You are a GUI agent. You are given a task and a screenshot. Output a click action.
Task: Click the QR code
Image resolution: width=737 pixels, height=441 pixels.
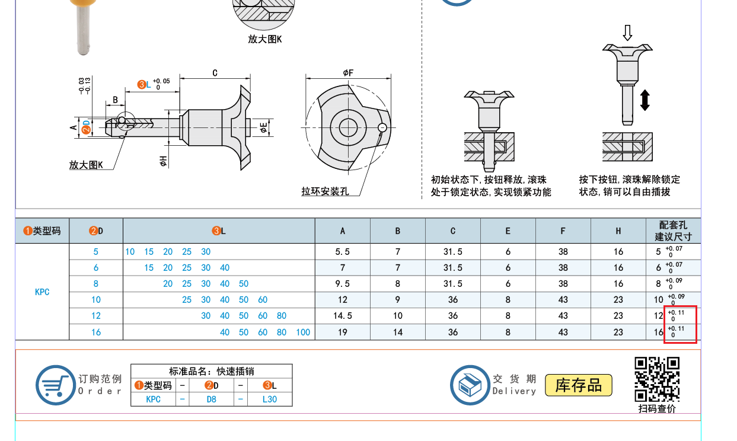(x=657, y=379)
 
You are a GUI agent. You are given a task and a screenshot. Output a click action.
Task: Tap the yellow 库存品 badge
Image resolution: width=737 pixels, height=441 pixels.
(x=579, y=385)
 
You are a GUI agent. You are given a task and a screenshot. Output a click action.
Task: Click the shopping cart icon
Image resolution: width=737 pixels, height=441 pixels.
(x=56, y=385)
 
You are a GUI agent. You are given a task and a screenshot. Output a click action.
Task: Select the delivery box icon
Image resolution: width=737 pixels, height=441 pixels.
(x=470, y=385)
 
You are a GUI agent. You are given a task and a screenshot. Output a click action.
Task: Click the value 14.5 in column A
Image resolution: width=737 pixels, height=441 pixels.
(x=343, y=316)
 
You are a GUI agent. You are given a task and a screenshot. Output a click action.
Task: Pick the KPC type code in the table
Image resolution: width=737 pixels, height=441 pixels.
(x=42, y=292)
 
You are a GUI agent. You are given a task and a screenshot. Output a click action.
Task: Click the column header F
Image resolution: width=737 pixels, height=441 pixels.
(x=563, y=231)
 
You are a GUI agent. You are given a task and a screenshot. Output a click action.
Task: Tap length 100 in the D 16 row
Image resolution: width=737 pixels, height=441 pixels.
(x=303, y=332)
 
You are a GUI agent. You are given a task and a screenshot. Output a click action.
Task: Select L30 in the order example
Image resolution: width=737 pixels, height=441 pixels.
(x=270, y=400)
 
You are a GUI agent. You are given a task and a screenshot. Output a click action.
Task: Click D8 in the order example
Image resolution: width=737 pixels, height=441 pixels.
(x=211, y=400)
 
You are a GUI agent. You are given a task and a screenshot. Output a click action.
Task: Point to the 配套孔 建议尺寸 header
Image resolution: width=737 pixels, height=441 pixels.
(x=673, y=231)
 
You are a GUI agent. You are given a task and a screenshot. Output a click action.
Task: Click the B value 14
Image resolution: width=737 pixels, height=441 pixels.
(x=397, y=332)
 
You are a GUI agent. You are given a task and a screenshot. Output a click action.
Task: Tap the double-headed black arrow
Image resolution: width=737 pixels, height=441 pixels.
(x=645, y=100)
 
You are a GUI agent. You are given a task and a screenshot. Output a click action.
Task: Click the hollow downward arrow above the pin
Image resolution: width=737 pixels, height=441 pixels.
(x=627, y=33)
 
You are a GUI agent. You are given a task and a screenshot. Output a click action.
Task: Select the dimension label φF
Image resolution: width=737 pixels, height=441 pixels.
(x=348, y=73)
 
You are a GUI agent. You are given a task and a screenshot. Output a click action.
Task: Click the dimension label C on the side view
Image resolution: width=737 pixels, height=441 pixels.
(x=215, y=73)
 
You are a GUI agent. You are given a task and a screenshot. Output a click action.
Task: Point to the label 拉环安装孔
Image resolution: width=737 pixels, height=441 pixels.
(x=325, y=191)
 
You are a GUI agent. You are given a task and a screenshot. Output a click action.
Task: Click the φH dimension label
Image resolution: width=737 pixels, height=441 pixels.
(x=163, y=161)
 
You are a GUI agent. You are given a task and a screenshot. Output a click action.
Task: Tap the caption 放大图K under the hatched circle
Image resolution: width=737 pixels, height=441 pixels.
(x=265, y=39)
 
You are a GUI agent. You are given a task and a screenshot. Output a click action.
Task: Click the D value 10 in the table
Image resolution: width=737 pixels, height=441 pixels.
(x=95, y=300)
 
